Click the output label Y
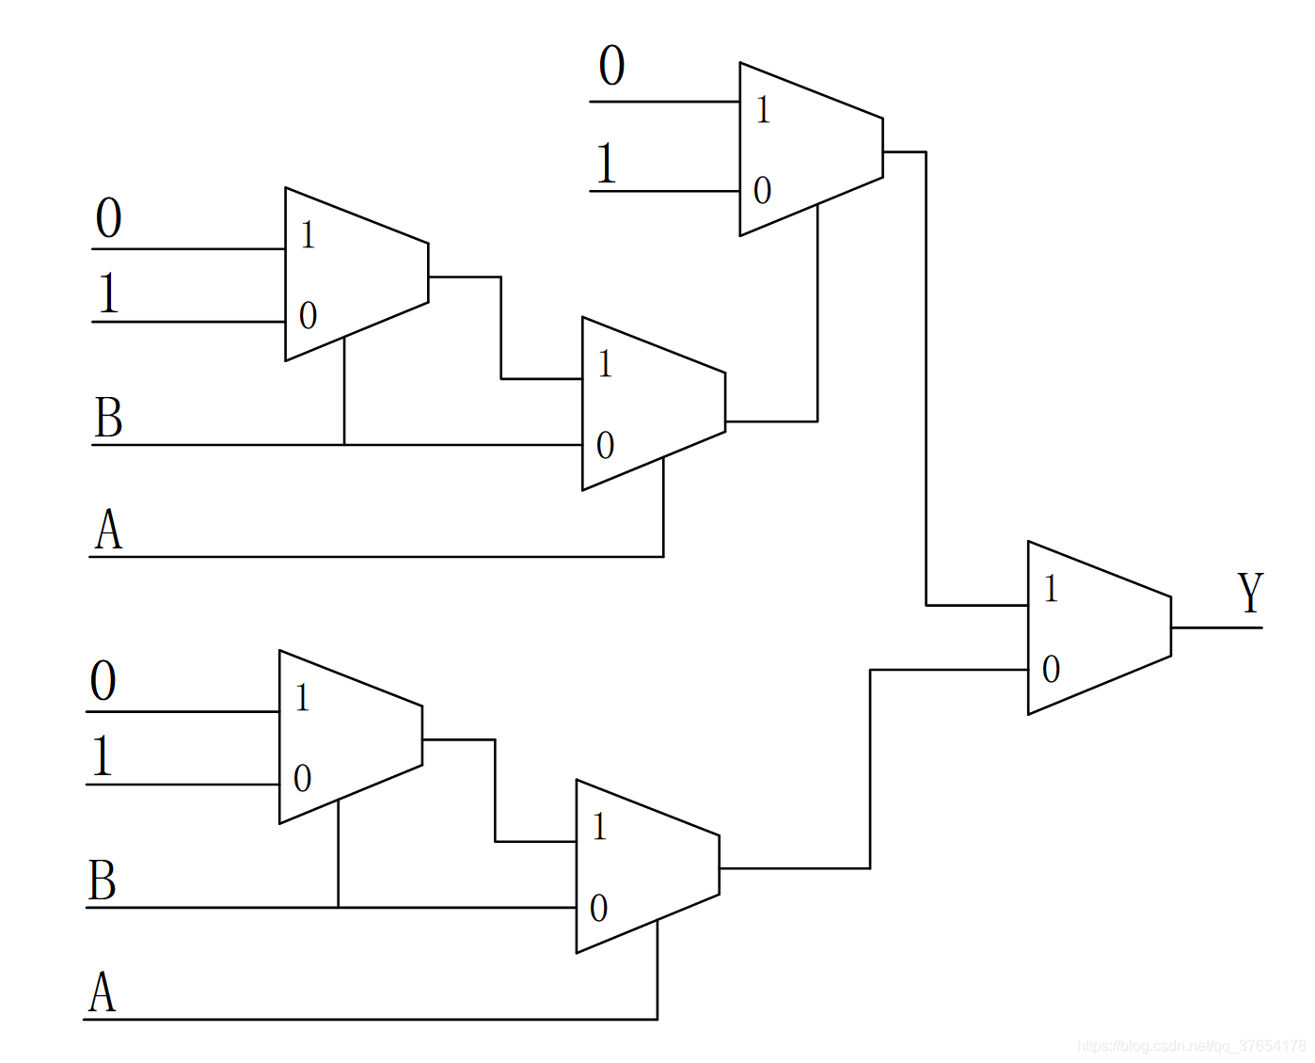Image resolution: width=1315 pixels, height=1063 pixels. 1250,593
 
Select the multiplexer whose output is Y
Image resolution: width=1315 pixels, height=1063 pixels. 1099,627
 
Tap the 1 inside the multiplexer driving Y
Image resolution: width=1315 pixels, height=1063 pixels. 1051,589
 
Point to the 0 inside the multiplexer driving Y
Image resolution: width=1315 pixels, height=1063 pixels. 1051,669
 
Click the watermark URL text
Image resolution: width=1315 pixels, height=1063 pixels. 1190,1045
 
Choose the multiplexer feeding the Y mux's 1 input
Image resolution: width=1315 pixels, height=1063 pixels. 811,149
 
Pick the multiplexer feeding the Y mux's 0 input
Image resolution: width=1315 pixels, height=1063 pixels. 647,866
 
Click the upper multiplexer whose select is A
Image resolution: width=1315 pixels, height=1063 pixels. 653,404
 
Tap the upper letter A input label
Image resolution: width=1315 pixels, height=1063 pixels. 108,530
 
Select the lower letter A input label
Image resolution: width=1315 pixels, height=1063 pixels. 103,992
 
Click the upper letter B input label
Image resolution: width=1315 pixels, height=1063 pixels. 108,418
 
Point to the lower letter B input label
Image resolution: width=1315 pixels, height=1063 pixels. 103,881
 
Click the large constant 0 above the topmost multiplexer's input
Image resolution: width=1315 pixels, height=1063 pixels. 611,66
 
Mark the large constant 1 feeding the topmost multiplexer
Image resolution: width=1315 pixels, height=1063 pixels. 607,163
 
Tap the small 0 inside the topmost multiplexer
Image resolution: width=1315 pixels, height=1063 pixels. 762,191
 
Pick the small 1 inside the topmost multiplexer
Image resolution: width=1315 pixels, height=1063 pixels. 763,110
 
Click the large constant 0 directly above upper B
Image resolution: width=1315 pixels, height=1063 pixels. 108,218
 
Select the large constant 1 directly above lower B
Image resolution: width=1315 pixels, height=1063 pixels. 102,755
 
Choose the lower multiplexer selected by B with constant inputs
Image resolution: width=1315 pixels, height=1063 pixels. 350,737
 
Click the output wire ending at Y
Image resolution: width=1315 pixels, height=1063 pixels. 1215,627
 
